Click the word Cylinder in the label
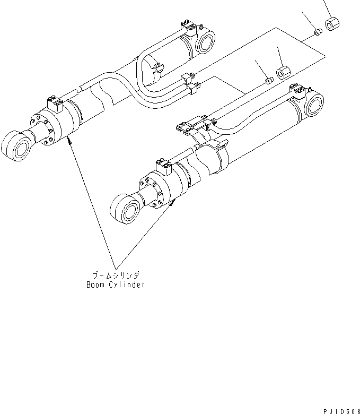click(129, 284)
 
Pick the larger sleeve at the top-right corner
click(333, 24)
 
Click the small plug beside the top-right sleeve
click(317, 33)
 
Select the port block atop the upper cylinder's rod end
click(55, 103)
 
